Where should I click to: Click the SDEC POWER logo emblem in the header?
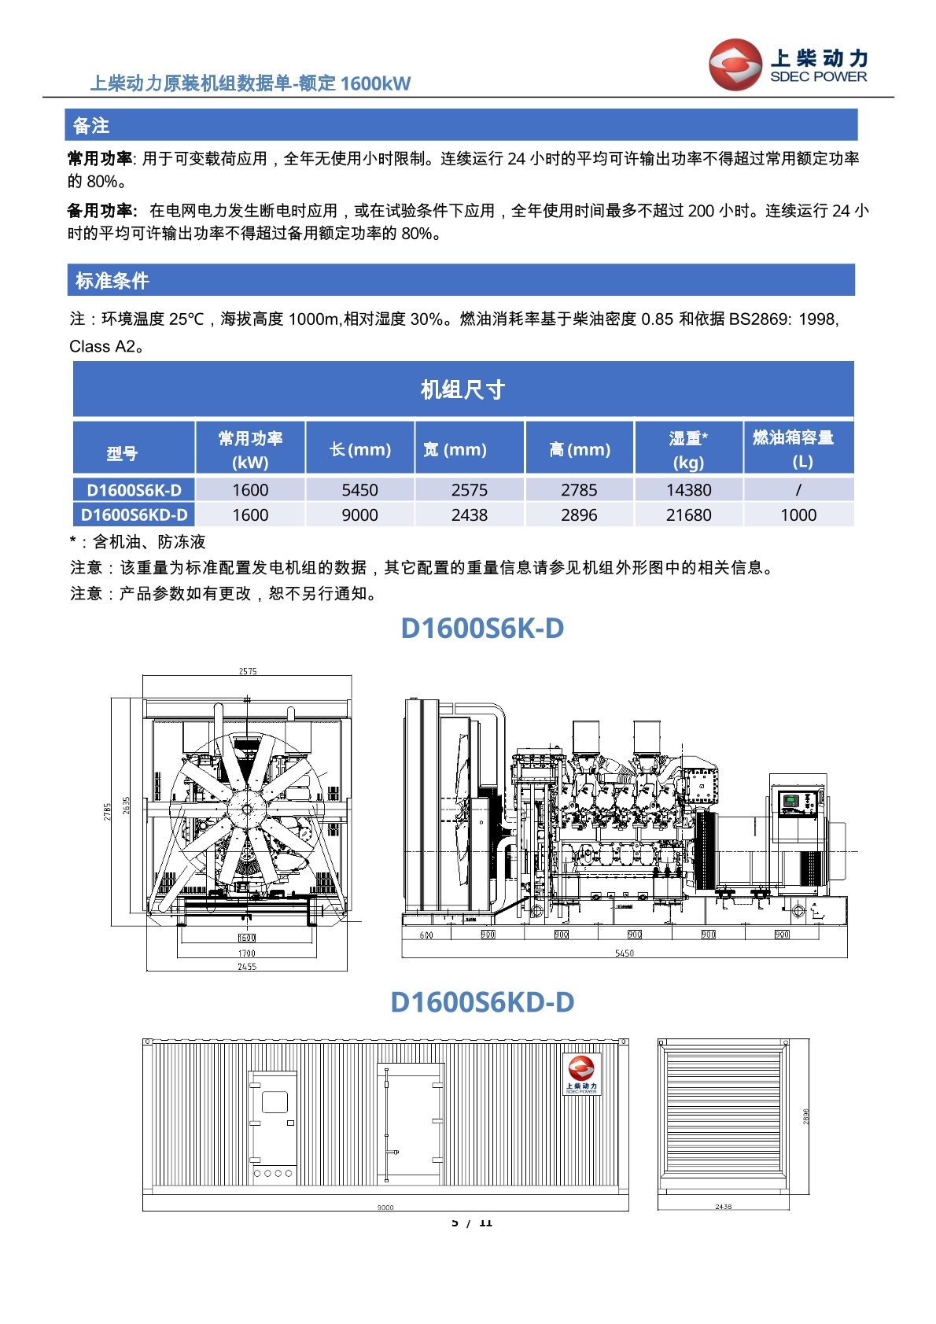coord(735,65)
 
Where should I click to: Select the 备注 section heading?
coord(91,126)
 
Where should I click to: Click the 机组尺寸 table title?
coord(462,389)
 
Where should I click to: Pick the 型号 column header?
coord(122,453)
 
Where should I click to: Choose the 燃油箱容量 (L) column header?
coord(798,448)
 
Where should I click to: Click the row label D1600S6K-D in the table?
coord(134,490)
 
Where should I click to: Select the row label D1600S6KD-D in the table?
coord(134,515)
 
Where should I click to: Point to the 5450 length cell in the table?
coord(359,490)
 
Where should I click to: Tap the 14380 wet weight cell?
coord(688,490)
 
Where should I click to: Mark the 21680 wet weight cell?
coord(688,515)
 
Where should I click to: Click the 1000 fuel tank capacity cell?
coord(798,515)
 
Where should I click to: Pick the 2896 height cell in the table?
coord(579,515)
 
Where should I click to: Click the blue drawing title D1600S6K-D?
coord(482,629)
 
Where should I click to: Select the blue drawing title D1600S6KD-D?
coord(482,1002)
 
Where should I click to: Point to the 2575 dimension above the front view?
coord(248,671)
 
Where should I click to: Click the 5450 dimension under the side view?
coord(625,953)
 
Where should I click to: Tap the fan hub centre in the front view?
coord(247,808)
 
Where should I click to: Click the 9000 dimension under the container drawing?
coord(385,1208)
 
